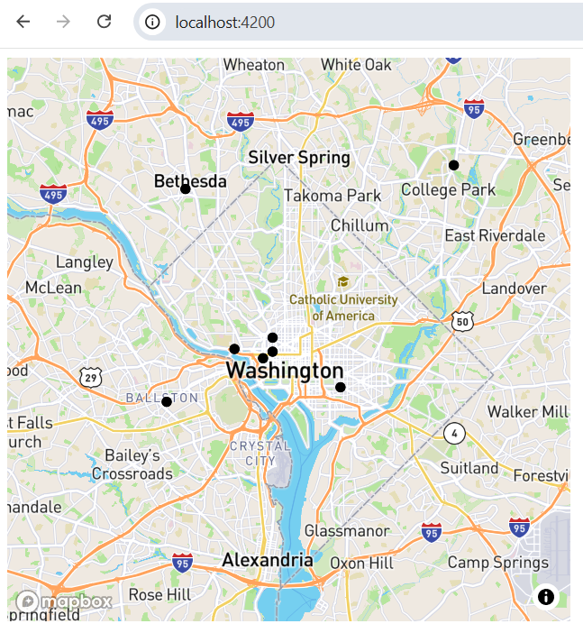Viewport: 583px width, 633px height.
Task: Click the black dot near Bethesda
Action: point(185,188)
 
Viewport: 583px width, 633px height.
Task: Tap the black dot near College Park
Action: point(454,165)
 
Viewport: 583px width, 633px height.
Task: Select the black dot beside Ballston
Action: point(167,401)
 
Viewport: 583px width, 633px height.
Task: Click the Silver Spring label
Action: point(298,158)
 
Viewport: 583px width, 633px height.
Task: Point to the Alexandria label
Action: point(268,560)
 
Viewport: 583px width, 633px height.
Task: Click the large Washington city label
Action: point(284,371)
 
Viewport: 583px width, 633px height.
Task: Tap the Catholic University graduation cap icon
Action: point(342,282)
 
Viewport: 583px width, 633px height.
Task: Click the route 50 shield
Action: point(462,321)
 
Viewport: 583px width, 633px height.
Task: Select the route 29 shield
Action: point(89,378)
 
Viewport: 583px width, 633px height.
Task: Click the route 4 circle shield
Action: point(453,433)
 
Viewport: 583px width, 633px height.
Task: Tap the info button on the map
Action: point(545,596)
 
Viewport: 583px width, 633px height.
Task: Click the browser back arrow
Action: point(23,22)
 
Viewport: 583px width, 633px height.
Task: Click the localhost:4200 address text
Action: point(224,23)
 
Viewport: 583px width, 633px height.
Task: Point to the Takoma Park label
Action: point(332,195)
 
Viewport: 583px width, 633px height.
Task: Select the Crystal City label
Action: point(260,453)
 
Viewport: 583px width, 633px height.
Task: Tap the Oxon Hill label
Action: point(361,563)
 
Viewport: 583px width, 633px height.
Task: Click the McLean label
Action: point(53,288)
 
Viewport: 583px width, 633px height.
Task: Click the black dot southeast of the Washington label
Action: point(341,387)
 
